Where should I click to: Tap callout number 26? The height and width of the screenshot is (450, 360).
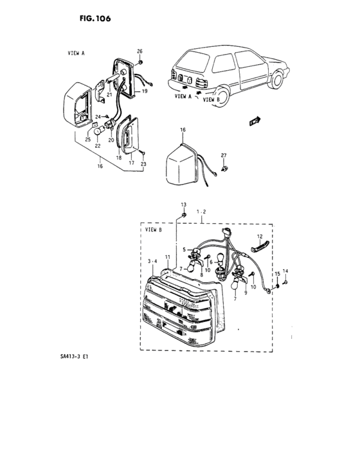139,51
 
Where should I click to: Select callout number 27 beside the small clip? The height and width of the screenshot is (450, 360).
224,155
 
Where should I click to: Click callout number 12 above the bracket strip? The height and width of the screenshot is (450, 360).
260,236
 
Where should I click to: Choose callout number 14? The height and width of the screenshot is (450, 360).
286,272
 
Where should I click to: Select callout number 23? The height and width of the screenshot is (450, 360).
143,164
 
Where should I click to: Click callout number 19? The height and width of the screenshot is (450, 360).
145,92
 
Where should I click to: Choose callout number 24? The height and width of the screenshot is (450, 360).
98,116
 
